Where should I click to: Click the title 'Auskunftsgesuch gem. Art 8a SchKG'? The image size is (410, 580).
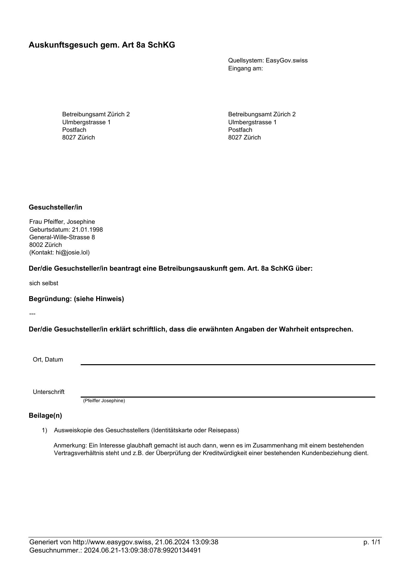click(x=102, y=45)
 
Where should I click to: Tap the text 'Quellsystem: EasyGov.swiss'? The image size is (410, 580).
click(x=268, y=60)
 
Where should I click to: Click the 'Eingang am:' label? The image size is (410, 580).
click(x=245, y=68)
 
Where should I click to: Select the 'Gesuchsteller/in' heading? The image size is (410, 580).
click(x=56, y=207)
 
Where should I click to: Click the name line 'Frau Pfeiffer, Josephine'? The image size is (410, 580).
click(x=62, y=222)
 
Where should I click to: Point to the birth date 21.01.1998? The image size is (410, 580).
click(x=87, y=230)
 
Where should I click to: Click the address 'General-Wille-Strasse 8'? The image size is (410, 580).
click(x=62, y=237)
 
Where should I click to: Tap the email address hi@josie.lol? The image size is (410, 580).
click(x=72, y=252)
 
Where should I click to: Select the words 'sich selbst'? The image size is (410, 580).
click(x=44, y=283)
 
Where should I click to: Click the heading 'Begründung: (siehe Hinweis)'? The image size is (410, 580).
click(x=76, y=299)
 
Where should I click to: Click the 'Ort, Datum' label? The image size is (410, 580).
click(x=48, y=360)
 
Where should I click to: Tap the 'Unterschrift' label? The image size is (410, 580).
click(x=49, y=392)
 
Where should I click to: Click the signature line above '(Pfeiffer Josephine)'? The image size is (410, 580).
click(x=228, y=396)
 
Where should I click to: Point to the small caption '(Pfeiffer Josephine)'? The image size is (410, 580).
click(x=104, y=401)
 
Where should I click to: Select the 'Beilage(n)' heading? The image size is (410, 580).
click(x=45, y=415)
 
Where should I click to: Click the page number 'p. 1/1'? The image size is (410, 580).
click(x=372, y=542)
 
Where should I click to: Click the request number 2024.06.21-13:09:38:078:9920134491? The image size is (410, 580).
click(x=143, y=550)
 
